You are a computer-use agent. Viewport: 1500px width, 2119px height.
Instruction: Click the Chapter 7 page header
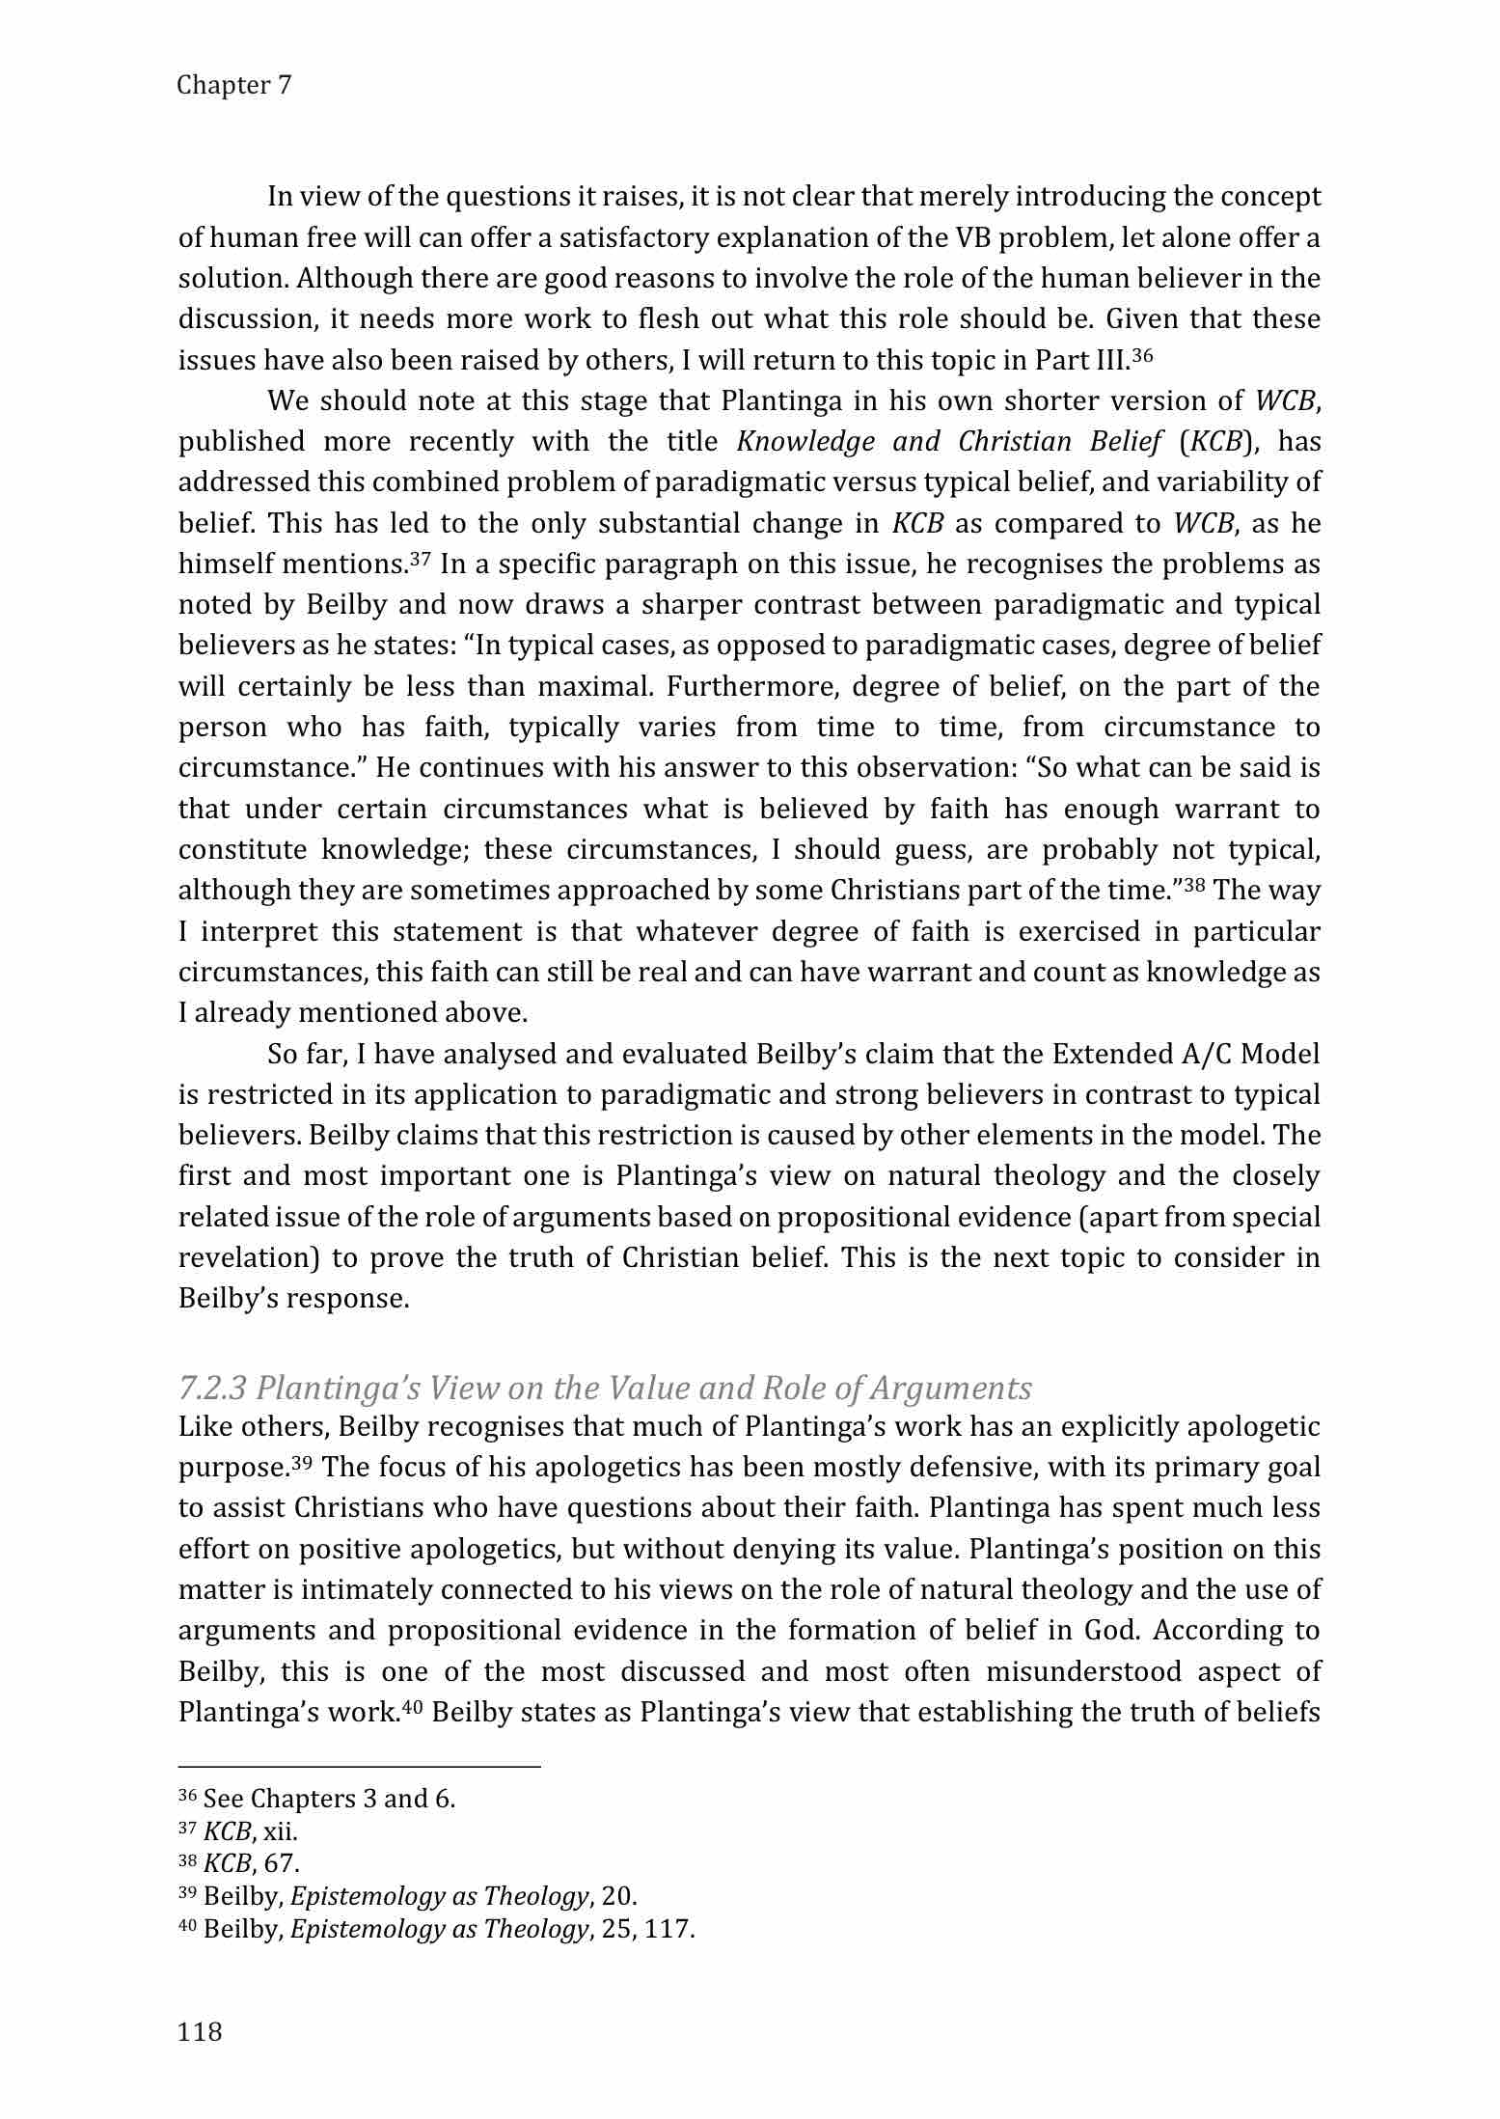click(x=233, y=85)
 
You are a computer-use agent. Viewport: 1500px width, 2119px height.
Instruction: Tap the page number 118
click(x=200, y=2031)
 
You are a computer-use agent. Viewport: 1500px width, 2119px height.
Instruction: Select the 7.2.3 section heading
click(x=605, y=1388)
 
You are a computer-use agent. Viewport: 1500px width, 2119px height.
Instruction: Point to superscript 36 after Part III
click(x=1142, y=355)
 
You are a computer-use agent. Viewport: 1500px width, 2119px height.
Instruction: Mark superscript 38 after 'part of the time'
click(x=1195, y=885)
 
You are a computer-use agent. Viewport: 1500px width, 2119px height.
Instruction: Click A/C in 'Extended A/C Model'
click(x=1206, y=1054)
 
